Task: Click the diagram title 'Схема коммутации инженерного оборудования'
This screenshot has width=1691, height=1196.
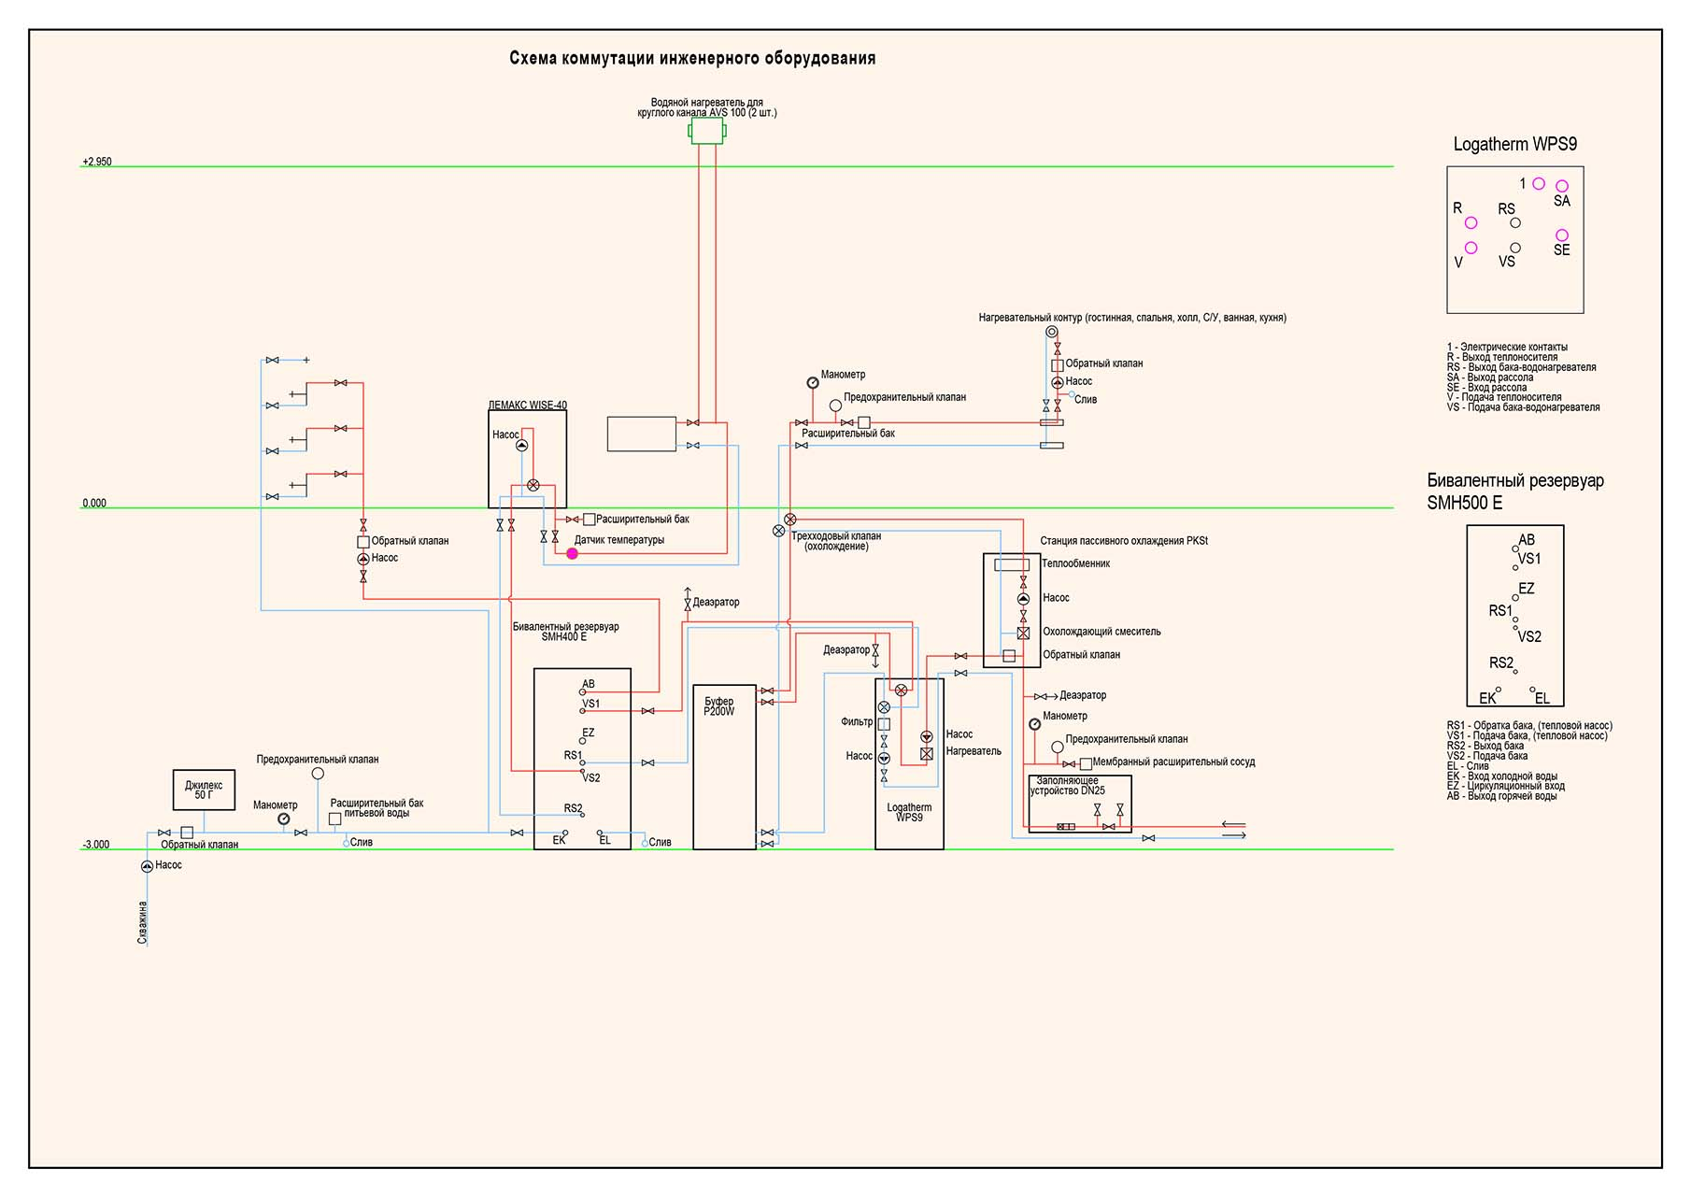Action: tap(692, 58)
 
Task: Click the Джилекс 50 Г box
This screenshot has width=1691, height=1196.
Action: tap(204, 790)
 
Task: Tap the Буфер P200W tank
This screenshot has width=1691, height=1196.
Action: tap(724, 767)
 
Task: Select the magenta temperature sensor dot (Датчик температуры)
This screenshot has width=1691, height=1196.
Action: tap(573, 554)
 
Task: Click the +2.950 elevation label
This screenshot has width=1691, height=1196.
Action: tap(97, 162)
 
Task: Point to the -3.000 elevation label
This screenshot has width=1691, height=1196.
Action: tap(96, 845)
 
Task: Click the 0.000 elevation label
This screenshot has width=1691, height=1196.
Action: tap(94, 504)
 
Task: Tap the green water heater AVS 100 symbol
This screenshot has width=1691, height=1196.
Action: tap(707, 131)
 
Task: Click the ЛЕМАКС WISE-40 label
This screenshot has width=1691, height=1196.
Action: tap(528, 406)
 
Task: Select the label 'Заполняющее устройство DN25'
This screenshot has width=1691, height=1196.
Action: tap(1068, 786)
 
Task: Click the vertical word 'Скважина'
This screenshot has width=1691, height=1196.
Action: tap(143, 922)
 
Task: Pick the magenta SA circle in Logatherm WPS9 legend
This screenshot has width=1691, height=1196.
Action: tap(1562, 186)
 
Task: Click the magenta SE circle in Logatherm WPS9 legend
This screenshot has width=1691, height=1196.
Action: tap(1562, 235)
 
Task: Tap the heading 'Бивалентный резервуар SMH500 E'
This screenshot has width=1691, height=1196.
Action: tap(1515, 491)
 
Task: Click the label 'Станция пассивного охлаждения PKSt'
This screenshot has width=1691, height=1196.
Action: tap(1124, 541)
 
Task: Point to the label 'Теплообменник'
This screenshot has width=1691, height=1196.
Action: tap(1076, 563)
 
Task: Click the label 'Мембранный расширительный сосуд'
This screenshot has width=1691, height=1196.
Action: tap(1173, 762)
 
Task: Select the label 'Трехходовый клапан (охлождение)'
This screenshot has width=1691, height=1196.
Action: tap(836, 541)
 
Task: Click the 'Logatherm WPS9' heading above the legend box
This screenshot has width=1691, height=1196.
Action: tap(1515, 144)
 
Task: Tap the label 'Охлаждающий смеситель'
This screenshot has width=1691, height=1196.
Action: tap(1102, 632)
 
